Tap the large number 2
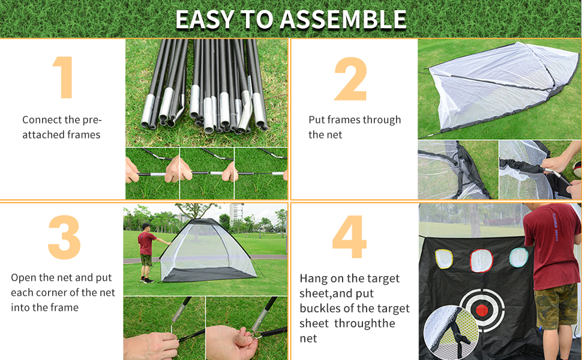tap(350, 79)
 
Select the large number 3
tap(64, 238)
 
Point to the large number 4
tap(349, 238)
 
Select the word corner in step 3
tap(50, 293)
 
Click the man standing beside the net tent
tap(146, 251)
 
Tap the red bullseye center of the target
tap(481, 310)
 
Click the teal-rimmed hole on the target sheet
tap(518, 257)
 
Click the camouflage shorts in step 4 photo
tap(556, 306)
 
